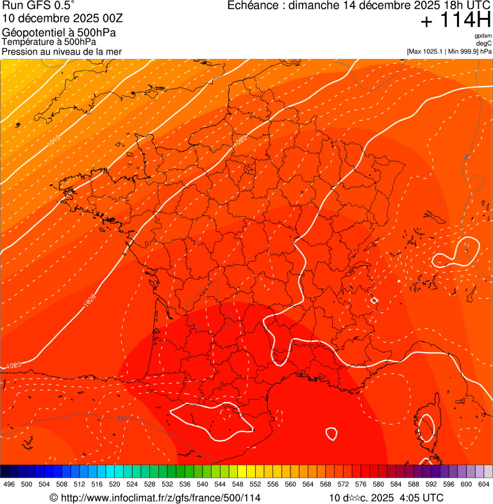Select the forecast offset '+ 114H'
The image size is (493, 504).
tap(455, 21)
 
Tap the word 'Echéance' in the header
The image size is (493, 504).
tap(253, 6)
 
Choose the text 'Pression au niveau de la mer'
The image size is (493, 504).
tap(62, 51)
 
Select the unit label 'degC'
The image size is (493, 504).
tap(484, 44)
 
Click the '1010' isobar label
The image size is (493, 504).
tap(54, 139)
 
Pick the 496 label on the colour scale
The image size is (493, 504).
tap(9, 485)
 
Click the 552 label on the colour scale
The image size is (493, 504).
tap(255, 485)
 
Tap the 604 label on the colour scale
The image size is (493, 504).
tap(484, 485)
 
